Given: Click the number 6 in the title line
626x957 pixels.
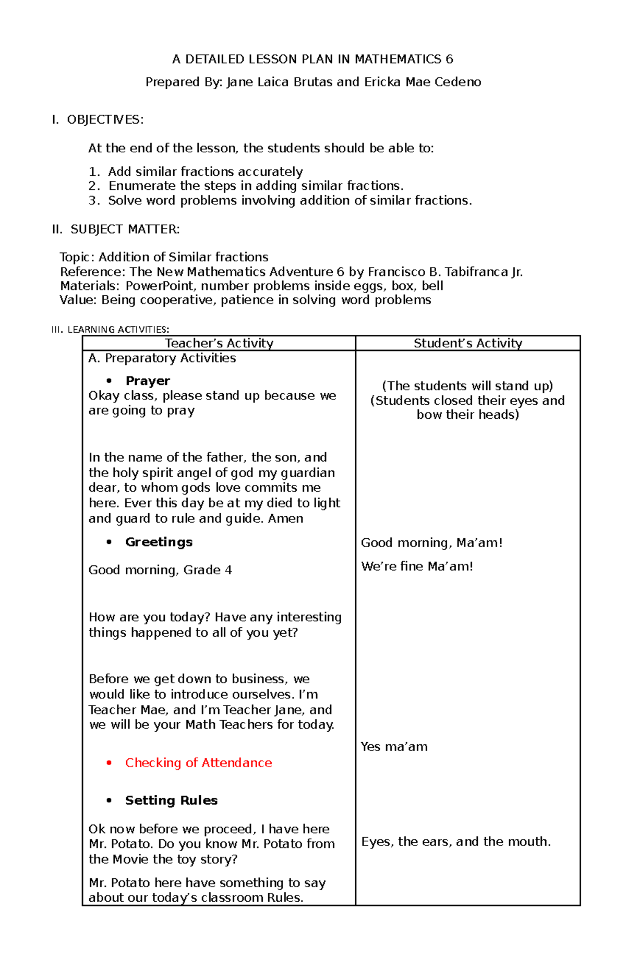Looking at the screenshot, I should tap(449, 59).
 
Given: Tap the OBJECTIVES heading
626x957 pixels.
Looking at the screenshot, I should tap(105, 120).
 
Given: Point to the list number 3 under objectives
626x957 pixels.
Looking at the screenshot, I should tap(93, 201).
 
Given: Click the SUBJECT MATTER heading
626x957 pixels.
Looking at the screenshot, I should tap(125, 229).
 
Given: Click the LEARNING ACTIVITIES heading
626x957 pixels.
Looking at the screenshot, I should tap(118, 330).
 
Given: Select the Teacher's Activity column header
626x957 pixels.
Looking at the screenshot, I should tap(219, 343).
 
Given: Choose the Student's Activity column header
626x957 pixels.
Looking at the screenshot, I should tap(468, 343).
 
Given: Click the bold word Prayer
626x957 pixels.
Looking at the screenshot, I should tap(148, 381).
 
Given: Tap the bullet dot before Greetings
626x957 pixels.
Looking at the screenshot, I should tap(109, 542).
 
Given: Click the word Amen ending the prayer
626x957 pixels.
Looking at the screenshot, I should tap(285, 519).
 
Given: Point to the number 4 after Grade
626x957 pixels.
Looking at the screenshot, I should tap(228, 570).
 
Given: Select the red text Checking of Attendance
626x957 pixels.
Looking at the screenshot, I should tap(198, 763).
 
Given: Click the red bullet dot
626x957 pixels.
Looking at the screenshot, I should tap(109, 763).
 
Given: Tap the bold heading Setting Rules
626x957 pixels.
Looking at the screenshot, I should tap(171, 801).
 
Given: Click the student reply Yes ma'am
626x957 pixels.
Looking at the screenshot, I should tap(394, 747).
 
